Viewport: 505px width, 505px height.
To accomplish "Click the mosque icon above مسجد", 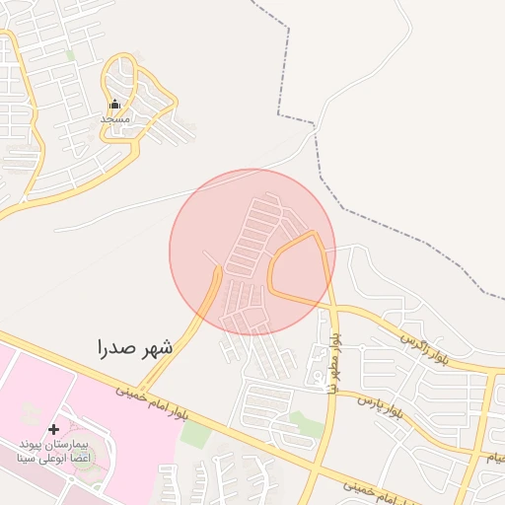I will (114, 104).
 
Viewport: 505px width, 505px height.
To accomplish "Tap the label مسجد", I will (114, 118).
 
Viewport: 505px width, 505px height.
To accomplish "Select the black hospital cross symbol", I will (53, 429).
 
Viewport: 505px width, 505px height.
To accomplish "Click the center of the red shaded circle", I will (252, 252).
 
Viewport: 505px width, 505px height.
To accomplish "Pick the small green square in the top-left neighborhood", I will (71, 56).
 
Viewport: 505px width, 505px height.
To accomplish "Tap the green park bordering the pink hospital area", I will (194, 435).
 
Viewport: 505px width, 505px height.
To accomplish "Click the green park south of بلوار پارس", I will (308, 425).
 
